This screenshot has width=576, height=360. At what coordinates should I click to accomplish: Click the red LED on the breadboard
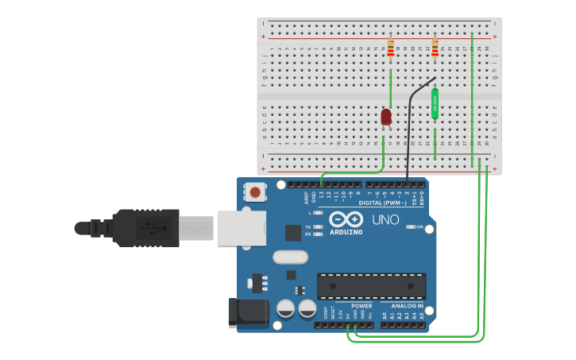click(x=386, y=117)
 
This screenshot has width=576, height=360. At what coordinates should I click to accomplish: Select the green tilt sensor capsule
click(x=435, y=103)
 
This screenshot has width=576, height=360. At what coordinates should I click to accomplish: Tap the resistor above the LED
click(x=390, y=48)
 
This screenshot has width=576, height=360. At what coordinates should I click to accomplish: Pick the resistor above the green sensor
click(x=435, y=48)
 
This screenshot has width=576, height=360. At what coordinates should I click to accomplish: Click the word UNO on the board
click(x=385, y=219)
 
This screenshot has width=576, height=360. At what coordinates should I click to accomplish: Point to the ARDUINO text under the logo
click(x=346, y=232)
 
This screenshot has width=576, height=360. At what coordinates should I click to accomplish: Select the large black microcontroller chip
click(x=371, y=286)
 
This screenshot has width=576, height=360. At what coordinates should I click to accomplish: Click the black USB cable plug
click(x=147, y=228)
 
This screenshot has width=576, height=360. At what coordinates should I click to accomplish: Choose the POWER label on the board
click(x=361, y=306)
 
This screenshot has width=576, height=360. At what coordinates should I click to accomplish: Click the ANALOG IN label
click(x=407, y=306)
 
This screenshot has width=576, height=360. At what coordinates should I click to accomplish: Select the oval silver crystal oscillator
click(x=290, y=257)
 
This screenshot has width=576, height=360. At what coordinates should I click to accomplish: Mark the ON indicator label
click(x=419, y=226)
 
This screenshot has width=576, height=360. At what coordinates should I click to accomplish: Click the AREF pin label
click(x=307, y=198)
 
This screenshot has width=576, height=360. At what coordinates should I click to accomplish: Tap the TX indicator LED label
click(x=308, y=226)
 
